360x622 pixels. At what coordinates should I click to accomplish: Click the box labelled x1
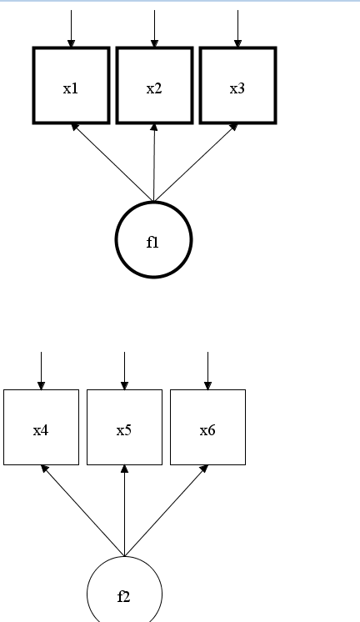coord(71,86)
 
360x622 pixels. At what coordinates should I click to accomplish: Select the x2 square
coord(154,86)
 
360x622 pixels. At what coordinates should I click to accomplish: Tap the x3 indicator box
coord(237,86)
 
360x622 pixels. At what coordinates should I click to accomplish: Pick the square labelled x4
coord(41,427)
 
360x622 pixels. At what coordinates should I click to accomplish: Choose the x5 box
coord(124,427)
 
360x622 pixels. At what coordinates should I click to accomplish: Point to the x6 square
coord(207,427)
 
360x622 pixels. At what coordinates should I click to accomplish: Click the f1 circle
coord(153,240)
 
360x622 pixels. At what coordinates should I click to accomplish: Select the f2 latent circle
coord(124,594)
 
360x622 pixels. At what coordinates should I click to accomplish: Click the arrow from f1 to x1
coord(112,163)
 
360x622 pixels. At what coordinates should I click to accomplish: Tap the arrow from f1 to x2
coord(154,163)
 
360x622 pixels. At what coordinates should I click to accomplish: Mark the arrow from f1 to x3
coord(196,163)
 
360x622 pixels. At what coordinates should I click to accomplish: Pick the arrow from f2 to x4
coord(82,510)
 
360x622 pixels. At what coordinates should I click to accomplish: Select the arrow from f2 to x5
coord(124,510)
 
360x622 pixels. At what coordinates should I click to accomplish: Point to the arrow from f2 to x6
coord(166,510)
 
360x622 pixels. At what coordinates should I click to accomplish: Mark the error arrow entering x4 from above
coord(41,370)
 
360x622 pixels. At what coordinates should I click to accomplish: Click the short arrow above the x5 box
coord(124,370)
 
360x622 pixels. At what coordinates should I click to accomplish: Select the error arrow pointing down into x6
coord(207,370)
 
